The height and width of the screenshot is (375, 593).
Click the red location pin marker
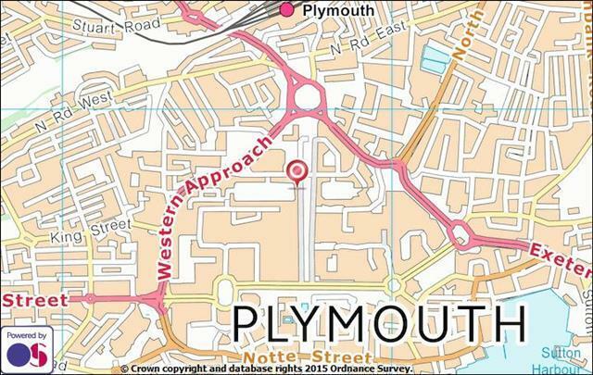point(296,171)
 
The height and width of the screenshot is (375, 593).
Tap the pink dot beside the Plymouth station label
point(286,9)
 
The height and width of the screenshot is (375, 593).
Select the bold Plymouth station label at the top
point(338,10)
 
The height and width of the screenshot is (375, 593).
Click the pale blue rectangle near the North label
point(434,60)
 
